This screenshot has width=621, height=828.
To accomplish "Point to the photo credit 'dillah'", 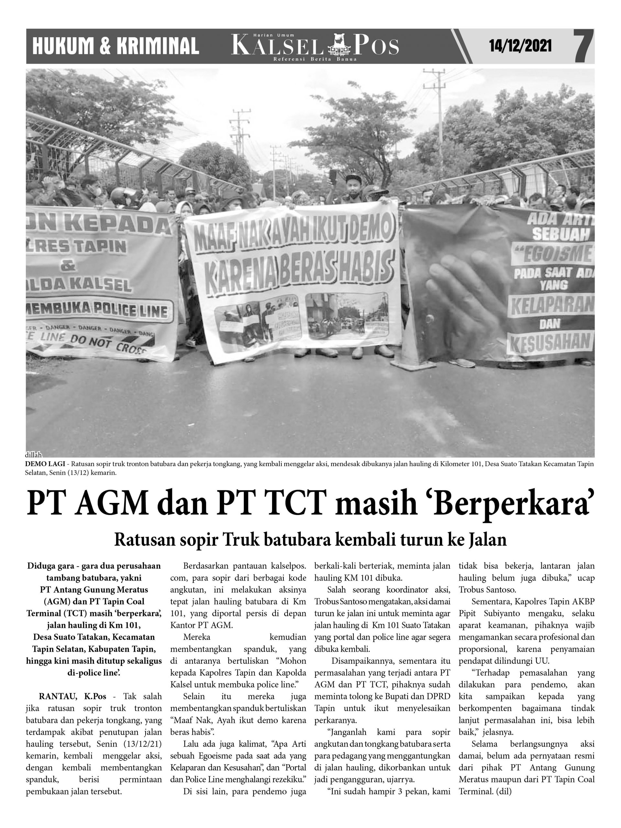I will (33, 455).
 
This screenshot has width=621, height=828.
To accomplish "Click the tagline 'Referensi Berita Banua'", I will (315, 60).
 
